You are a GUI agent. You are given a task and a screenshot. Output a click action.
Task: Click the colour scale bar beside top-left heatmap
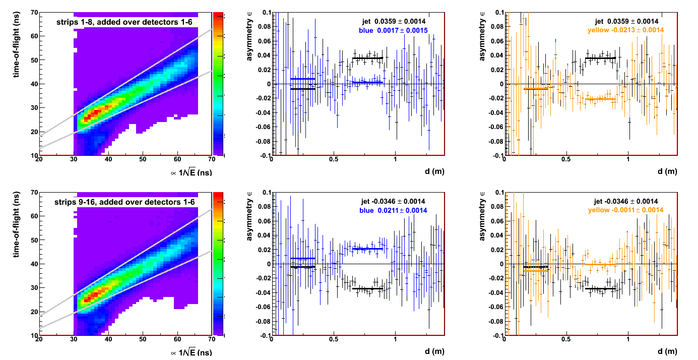point(218,83)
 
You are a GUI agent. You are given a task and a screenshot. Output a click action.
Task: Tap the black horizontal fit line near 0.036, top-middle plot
point(367,58)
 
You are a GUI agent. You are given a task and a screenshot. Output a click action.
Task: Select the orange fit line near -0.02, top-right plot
point(600,99)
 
